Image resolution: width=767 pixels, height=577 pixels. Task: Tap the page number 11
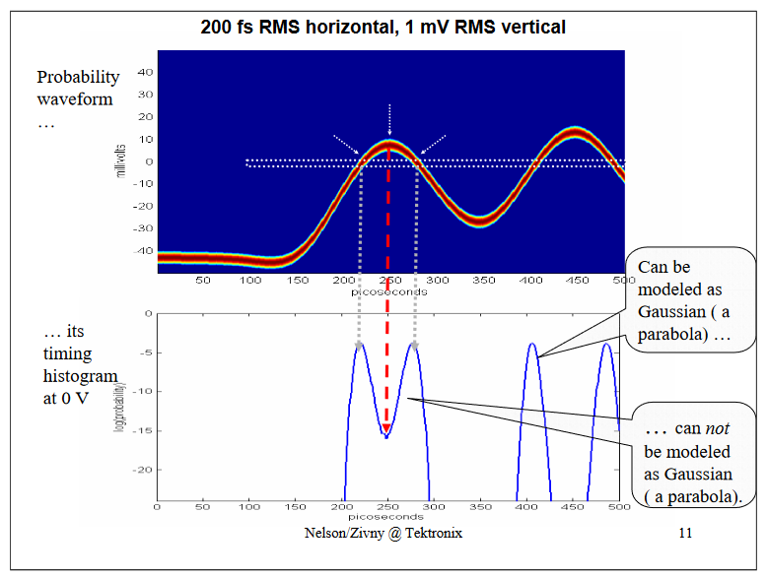coord(686,533)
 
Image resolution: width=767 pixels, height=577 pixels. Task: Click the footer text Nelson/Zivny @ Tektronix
coord(383,533)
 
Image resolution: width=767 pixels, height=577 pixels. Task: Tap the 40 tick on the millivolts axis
coord(144,72)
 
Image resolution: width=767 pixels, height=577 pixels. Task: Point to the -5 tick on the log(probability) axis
coord(144,353)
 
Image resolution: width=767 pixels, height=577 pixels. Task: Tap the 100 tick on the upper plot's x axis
coord(250,281)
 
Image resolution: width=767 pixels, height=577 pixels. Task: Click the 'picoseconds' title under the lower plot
coord(387,516)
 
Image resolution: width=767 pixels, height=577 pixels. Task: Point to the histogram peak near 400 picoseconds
coord(532,346)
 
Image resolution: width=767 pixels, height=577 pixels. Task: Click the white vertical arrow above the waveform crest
coord(390,118)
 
